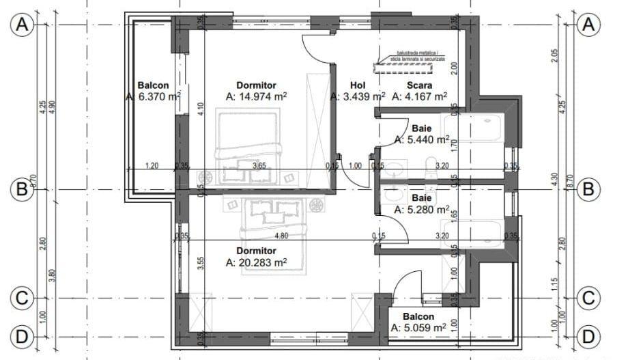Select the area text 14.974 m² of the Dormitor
pyautogui.click(x=256, y=97)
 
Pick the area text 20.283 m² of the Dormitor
pyautogui.click(x=256, y=262)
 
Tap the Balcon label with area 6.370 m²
pyautogui.click(x=153, y=85)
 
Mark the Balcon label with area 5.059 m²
pyautogui.click(x=418, y=317)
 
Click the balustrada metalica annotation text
pyautogui.click(x=414, y=55)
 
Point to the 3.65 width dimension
pyautogui.click(x=259, y=165)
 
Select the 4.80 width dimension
pyautogui.click(x=281, y=236)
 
